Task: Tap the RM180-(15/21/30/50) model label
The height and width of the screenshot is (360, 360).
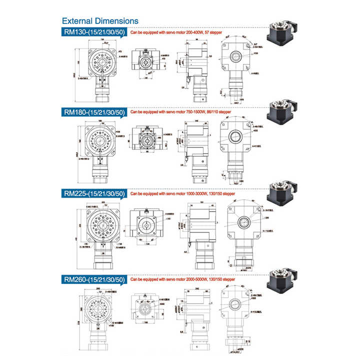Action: pos(93,112)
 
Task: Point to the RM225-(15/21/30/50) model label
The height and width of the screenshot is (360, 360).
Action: pos(93,192)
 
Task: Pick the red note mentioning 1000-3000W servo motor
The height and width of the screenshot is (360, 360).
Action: pos(182,192)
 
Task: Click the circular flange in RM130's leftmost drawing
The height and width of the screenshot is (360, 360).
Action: pos(101,62)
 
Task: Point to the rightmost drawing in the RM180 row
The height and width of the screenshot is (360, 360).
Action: pos(235,147)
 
